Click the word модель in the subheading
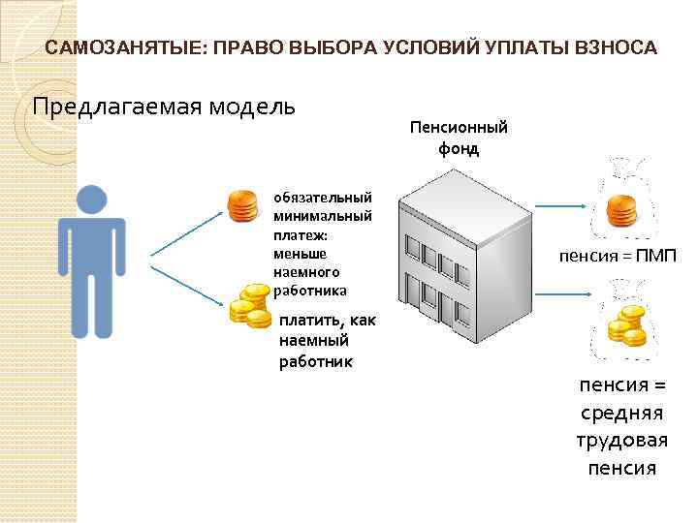click(x=247, y=105)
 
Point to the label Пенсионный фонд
click(x=459, y=138)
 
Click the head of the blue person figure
click(x=93, y=200)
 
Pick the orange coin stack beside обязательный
click(x=243, y=207)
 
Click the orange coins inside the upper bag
click(x=619, y=211)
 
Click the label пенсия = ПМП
click(x=617, y=257)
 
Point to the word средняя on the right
click(x=621, y=414)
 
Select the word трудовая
click(x=621, y=441)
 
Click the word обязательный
click(x=323, y=197)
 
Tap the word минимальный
click(x=323, y=215)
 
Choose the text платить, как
click(x=327, y=322)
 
